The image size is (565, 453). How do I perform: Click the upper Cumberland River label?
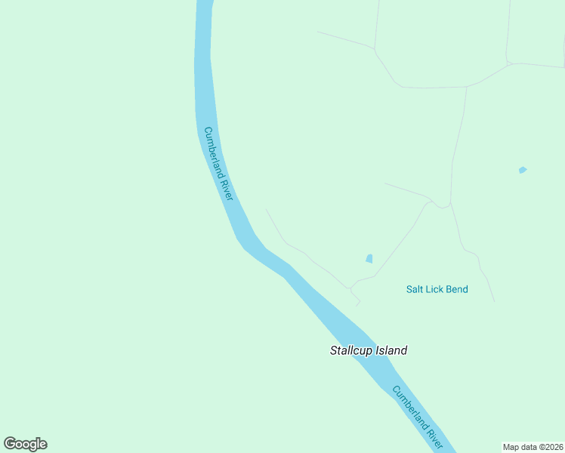[218, 163]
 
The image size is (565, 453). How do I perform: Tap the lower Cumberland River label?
[418, 417]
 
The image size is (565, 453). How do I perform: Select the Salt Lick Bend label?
[437, 289]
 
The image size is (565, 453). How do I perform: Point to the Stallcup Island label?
[369, 350]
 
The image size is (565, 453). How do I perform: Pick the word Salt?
[415, 289]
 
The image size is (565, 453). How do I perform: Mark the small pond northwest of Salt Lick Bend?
[369, 258]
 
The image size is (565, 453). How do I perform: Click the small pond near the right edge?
[523, 170]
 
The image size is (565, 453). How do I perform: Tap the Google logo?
[26, 444]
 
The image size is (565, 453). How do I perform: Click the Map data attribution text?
[533, 447]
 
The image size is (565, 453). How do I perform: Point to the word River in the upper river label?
[227, 188]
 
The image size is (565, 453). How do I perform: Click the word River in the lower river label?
[436, 439]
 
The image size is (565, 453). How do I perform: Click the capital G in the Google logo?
[11, 444]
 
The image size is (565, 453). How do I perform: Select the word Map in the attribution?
[511, 447]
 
